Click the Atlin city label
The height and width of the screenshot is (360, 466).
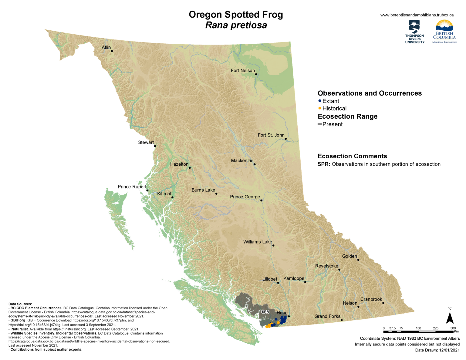click(106, 47)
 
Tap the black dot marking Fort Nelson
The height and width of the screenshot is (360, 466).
click(256, 74)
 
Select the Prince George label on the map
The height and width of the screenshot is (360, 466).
click(245, 197)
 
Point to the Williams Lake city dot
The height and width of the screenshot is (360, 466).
click(273, 246)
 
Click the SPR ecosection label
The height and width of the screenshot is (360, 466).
click(265, 312)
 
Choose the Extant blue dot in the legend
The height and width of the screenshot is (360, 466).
click(319, 101)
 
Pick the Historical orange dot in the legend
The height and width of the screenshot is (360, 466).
click(319, 108)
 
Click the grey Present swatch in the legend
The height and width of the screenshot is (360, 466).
click(319, 124)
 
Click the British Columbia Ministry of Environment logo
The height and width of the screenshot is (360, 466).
click(444, 32)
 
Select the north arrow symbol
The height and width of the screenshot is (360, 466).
click(450, 317)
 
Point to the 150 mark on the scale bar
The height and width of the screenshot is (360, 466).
click(418, 328)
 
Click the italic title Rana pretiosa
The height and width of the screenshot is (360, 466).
click(236, 25)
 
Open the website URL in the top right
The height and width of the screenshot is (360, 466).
click(417, 15)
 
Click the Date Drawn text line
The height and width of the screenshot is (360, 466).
click(437, 350)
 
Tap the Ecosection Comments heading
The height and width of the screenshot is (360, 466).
click(352, 156)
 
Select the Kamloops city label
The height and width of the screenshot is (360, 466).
click(294, 278)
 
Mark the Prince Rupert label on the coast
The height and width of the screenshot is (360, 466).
click(132, 187)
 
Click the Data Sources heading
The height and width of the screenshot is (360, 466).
click(20, 304)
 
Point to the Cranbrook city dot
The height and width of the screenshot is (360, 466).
click(383, 303)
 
